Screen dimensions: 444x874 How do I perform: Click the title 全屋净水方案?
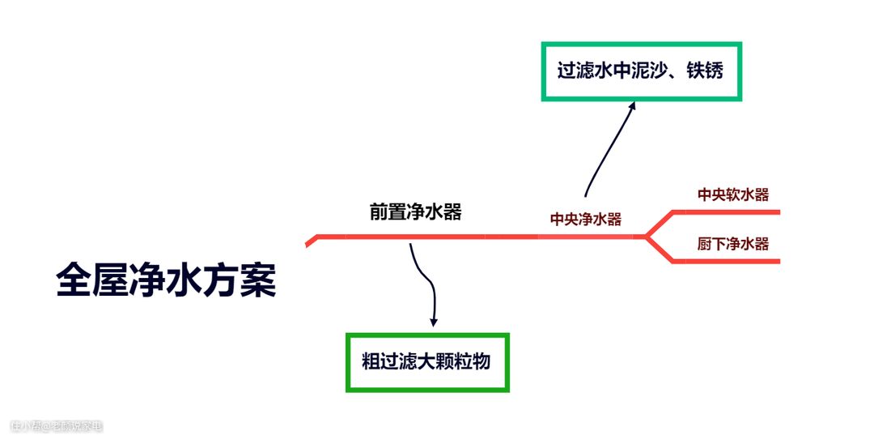click(166, 280)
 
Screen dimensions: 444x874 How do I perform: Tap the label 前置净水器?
click(415, 212)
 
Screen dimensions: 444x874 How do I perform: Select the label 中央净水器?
click(585, 219)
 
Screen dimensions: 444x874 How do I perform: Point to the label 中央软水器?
click(732, 194)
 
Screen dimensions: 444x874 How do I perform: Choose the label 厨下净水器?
click(732, 244)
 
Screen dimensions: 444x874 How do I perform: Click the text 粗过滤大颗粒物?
click(426, 361)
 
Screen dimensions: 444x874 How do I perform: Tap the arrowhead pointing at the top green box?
click(633, 105)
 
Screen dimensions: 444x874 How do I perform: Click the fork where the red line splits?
click(647, 237)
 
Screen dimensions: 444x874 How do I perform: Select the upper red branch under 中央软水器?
click(728, 212)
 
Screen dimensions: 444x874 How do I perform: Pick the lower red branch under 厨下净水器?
click(728, 261)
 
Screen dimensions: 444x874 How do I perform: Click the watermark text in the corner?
click(57, 426)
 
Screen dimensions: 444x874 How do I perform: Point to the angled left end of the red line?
click(312, 241)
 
